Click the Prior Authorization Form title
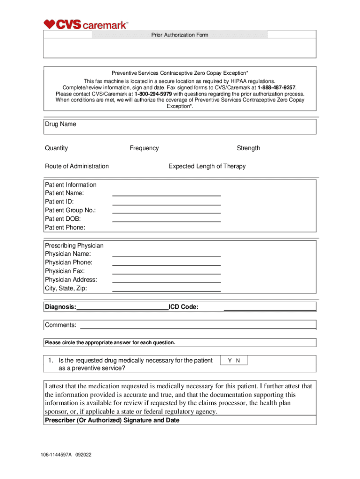180,35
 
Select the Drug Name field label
60,124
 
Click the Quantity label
57,148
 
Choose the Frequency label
144,148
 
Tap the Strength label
248,148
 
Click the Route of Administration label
77,166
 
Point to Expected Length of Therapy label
207,166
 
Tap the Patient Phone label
65,228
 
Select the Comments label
60,325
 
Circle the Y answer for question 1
230,361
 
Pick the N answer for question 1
238,361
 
